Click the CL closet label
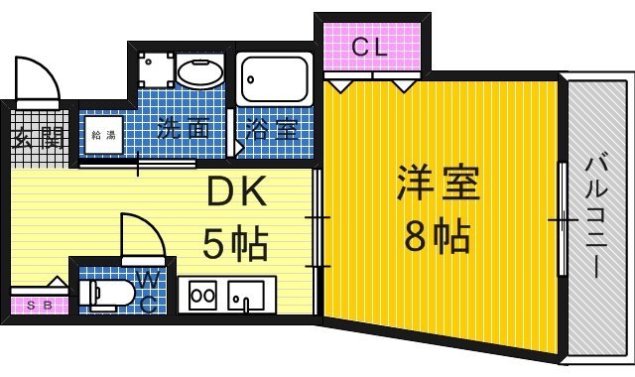pyautogui.click(x=369, y=47)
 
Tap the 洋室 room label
pyautogui.click(x=439, y=184)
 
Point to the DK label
pyautogui.click(x=236, y=190)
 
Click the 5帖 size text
pyautogui.click(x=235, y=242)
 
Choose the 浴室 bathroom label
pyautogui.click(x=272, y=129)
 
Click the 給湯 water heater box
pyautogui.click(x=103, y=135)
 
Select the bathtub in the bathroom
pyautogui.click(x=275, y=79)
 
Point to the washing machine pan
pyautogui.click(x=157, y=70)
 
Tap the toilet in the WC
pyautogui.click(x=106, y=294)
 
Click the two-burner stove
pyautogui.click(x=202, y=296)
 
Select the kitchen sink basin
pyautogui.click(x=246, y=296)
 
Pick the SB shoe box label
pyautogui.click(x=40, y=306)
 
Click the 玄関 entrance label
pyautogui.click(x=39, y=139)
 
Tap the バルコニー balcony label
pyautogui.click(x=596, y=218)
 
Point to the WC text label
pyautogui.click(x=148, y=291)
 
